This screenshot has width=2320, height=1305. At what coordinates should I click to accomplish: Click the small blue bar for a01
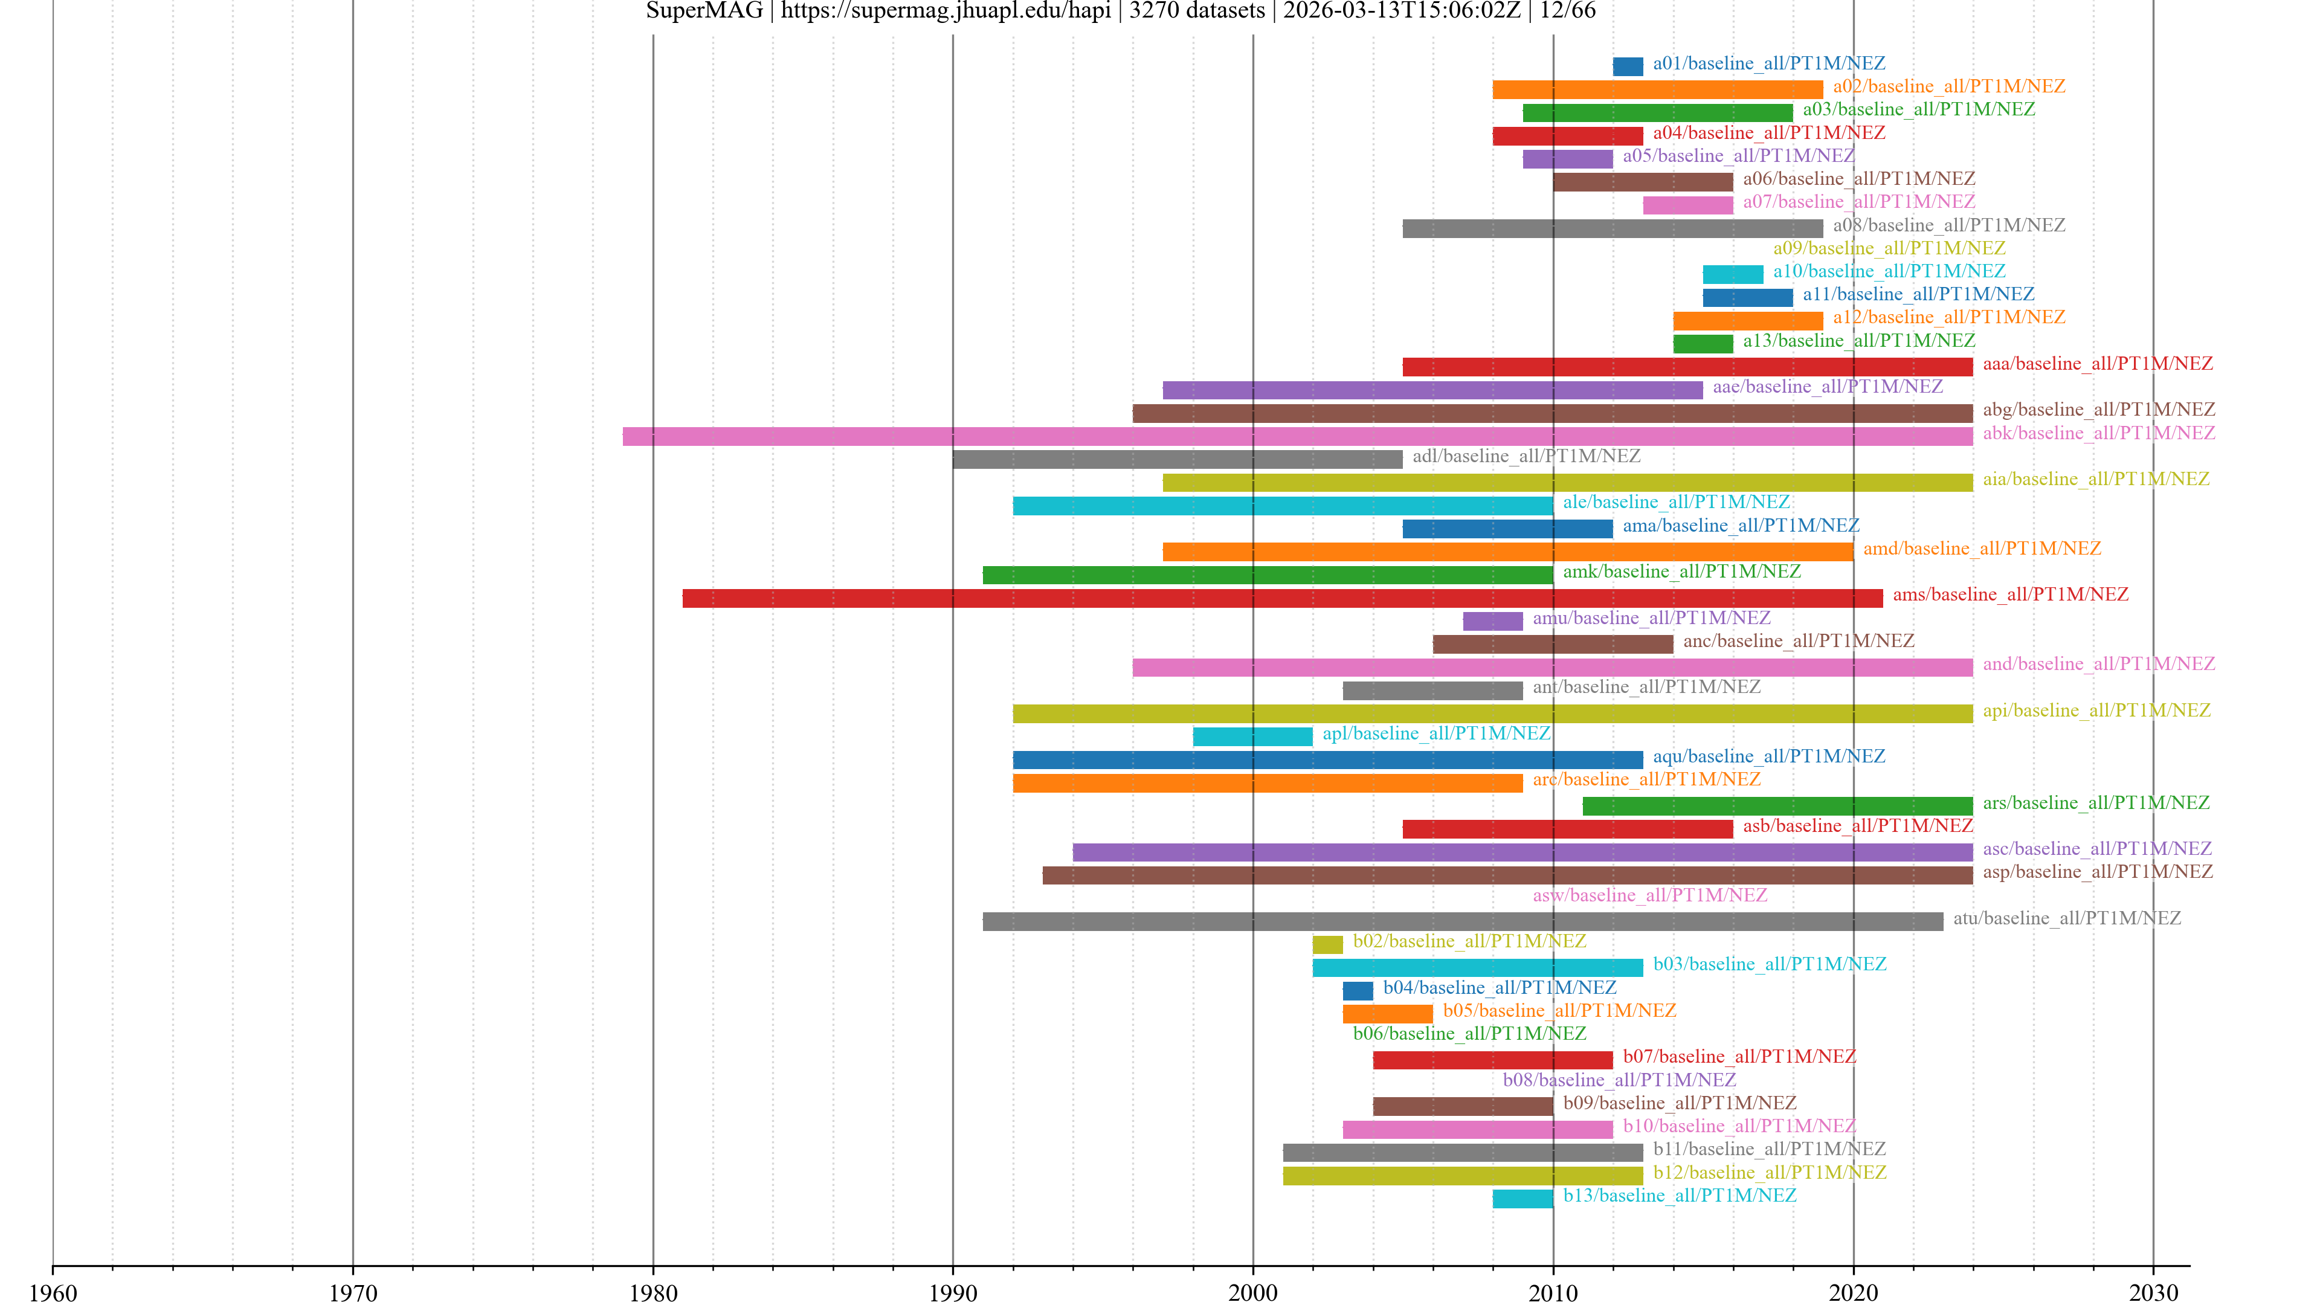tap(1628, 66)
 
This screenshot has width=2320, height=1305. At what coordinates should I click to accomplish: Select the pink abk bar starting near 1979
tap(1297, 436)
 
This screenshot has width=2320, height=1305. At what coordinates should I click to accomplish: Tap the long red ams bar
tap(1281, 598)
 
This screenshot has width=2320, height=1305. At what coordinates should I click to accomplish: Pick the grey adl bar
tap(1177, 459)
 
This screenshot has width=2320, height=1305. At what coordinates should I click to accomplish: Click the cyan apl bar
tap(1252, 736)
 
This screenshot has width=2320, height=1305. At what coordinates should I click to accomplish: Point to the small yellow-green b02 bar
tap(1327, 944)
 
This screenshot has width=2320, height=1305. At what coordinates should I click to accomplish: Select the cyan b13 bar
tap(1522, 1199)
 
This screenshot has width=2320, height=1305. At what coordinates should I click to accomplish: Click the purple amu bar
tap(1492, 620)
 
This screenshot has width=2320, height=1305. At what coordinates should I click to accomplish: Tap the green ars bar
tap(1777, 806)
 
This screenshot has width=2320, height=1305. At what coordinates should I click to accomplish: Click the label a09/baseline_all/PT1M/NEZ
tap(1889, 248)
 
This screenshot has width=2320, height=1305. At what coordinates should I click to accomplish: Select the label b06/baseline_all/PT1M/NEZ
tap(1469, 1034)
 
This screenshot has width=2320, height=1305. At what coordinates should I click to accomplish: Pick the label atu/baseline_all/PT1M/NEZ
tap(2066, 918)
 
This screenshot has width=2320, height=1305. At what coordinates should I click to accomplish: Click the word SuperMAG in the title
tap(704, 11)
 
